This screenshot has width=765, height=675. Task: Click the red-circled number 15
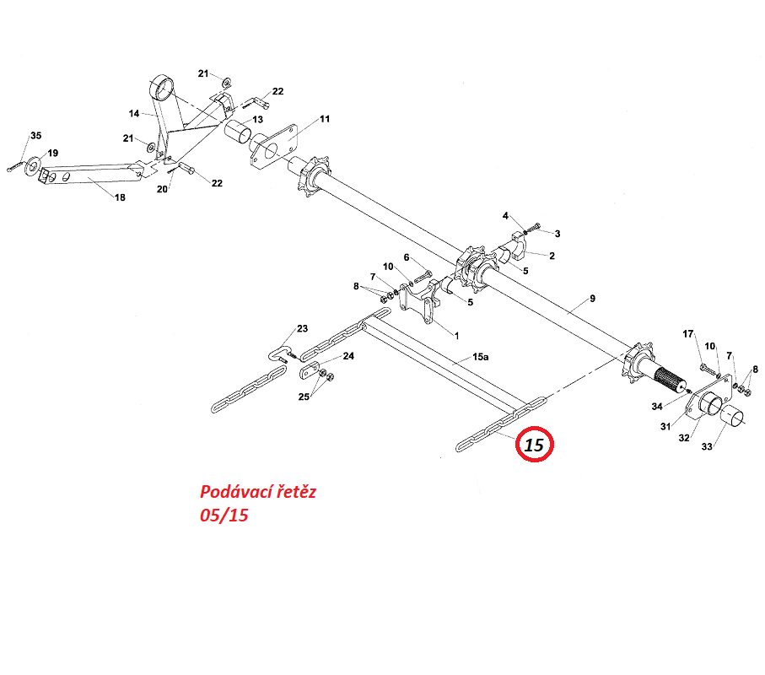coord(534,445)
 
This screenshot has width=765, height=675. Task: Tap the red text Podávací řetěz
coord(257,492)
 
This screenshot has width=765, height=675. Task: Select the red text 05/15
coord(224,515)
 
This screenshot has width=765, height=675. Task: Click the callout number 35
coord(36,135)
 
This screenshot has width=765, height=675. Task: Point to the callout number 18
coord(120,197)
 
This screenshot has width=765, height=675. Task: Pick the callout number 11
coord(325,119)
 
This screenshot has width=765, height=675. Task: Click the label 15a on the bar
coord(480,357)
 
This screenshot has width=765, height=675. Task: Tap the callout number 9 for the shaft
coord(592,298)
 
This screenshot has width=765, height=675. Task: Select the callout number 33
coord(707,446)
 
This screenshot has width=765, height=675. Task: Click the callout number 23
coord(303,328)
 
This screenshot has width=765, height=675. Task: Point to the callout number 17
coord(688,334)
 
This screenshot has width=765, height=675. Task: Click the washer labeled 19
coord(33,166)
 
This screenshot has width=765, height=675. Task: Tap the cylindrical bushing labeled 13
coord(238,132)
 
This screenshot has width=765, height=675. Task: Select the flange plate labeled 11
coord(274,144)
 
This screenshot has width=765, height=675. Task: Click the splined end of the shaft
coord(670,380)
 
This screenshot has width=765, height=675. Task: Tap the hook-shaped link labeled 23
coord(280,353)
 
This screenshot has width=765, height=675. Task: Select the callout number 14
coord(134,113)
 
